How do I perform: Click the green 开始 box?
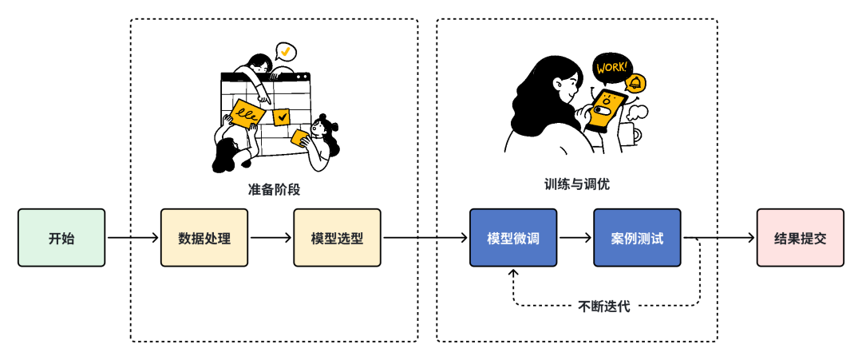[x=61, y=238]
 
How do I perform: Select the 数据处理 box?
[x=205, y=238]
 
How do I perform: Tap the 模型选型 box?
[x=337, y=238]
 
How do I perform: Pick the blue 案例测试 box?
[x=637, y=238]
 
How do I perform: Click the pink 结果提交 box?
[x=800, y=238]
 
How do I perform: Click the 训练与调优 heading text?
[x=576, y=184]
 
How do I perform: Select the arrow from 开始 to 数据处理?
[x=133, y=238]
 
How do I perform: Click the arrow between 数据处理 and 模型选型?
[x=271, y=238]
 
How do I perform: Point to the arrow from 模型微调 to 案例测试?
[x=575, y=238]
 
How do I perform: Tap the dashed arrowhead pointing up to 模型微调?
[x=513, y=274]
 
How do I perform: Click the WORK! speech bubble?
[x=611, y=68]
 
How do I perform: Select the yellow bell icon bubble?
[x=636, y=82]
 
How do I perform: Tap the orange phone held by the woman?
[x=607, y=110]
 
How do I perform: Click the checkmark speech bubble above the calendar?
[x=284, y=52]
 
